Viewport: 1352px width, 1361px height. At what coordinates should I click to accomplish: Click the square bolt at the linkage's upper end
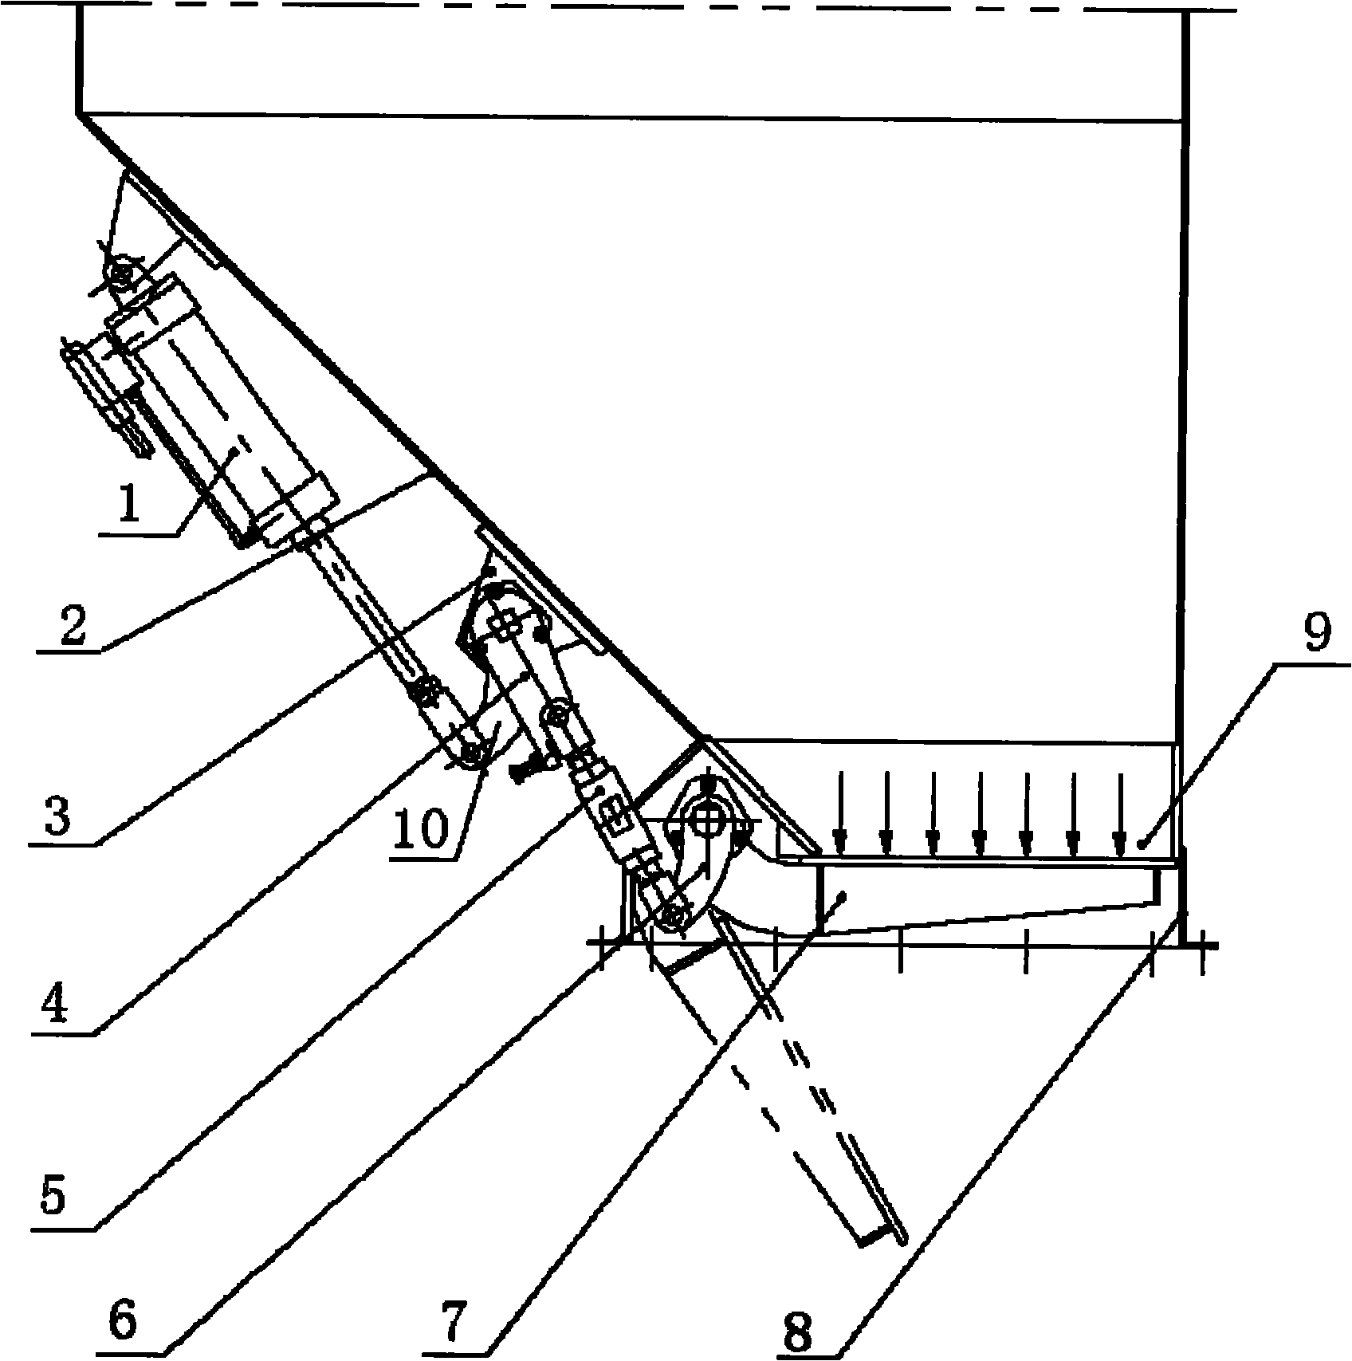pos(504,627)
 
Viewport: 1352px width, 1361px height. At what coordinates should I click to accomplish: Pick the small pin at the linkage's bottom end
pos(674,916)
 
